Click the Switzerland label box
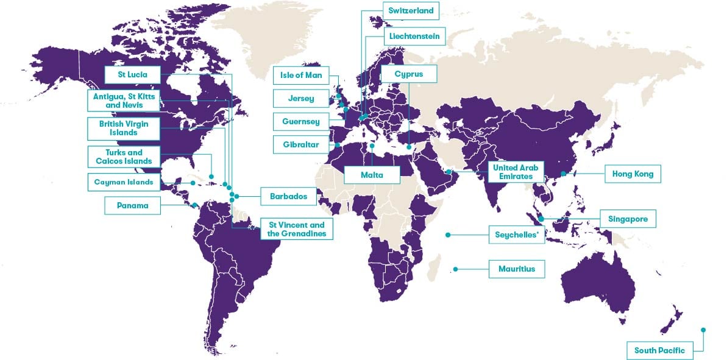point(411,11)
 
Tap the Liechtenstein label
point(414,37)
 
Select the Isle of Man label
point(300,76)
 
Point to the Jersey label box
point(300,98)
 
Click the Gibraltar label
point(300,146)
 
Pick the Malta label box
point(372,175)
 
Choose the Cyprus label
point(408,74)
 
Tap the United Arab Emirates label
point(512,172)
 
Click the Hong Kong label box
point(633,174)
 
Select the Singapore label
point(628,219)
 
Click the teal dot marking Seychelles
point(448,235)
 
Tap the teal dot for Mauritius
point(455,269)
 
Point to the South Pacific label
point(659,350)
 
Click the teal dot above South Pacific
point(703,330)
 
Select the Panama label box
point(133,206)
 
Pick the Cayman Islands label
point(124,182)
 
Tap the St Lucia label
point(133,75)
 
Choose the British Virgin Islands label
point(124,128)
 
